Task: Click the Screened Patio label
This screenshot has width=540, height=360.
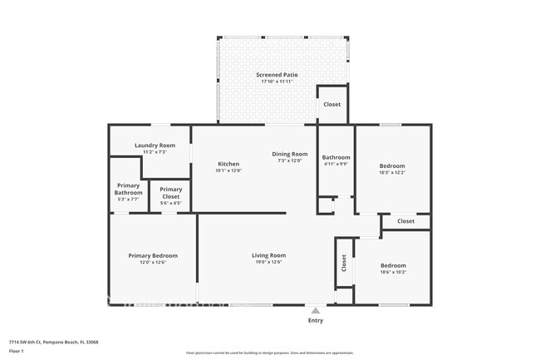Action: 277,75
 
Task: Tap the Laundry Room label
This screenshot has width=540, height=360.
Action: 155,145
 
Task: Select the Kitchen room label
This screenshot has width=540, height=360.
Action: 228,164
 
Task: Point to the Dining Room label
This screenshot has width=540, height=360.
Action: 290,154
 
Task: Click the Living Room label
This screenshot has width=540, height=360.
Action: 268,255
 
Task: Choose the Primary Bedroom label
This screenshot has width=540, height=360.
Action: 153,255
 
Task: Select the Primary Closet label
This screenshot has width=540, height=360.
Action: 171,192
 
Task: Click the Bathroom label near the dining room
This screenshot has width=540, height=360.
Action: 336,157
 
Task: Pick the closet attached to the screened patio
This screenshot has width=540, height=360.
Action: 331,105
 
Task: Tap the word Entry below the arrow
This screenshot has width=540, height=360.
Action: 316,321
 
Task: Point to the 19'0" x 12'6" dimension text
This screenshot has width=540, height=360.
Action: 268,262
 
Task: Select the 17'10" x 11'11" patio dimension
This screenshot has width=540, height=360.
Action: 277,81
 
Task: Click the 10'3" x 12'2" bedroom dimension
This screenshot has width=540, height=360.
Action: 392,172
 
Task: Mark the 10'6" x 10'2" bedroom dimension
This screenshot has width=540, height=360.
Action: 393,272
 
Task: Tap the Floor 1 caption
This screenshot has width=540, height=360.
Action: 17,350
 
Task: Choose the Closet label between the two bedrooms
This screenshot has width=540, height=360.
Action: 405,221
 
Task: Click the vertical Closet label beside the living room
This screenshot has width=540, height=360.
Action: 343,263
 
